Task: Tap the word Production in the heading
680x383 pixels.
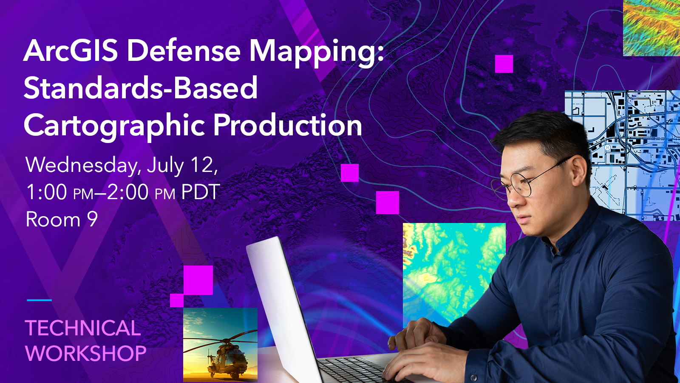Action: pyautogui.click(x=288, y=125)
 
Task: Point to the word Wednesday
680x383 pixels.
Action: pyautogui.click(x=82, y=166)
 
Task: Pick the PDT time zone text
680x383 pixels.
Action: pyautogui.click(x=200, y=192)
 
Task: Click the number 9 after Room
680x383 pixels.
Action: pyautogui.click(x=93, y=219)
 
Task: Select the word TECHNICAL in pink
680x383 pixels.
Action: pyautogui.click(x=83, y=328)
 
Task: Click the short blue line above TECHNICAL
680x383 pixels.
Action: pyautogui.click(x=39, y=300)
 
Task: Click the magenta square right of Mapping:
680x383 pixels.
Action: pyautogui.click(x=504, y=64)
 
